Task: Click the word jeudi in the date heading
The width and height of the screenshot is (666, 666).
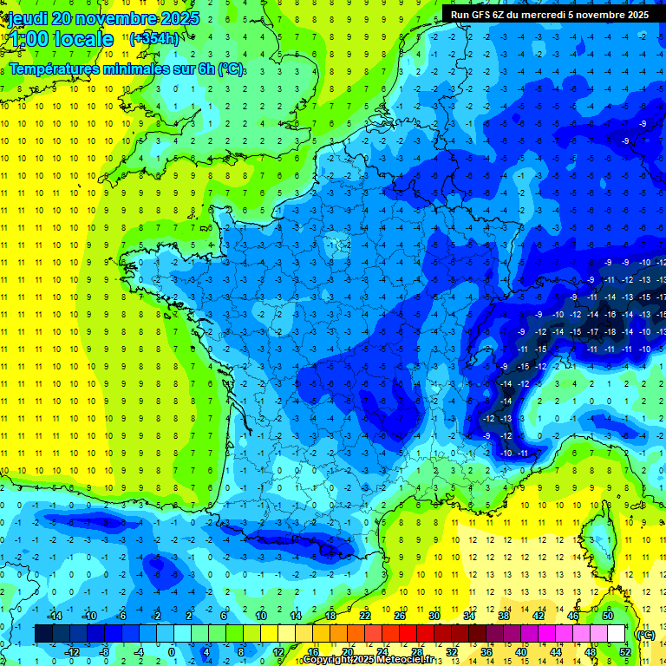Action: click(x=27, y=18)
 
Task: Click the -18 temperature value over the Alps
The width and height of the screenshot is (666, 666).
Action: click(x=611, y=331)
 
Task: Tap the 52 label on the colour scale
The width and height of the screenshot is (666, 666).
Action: click(x=625, y=652)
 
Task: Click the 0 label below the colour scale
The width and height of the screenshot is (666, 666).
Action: click(x=172, y=652)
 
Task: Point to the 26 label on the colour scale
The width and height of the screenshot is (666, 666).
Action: click(x=400, y=616)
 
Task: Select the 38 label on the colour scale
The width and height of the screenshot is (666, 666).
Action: click(x=503, y=616)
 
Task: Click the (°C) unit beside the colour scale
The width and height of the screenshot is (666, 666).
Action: click(x=645, y=634)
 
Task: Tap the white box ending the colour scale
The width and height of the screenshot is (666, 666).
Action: click(x=617, y=634)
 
